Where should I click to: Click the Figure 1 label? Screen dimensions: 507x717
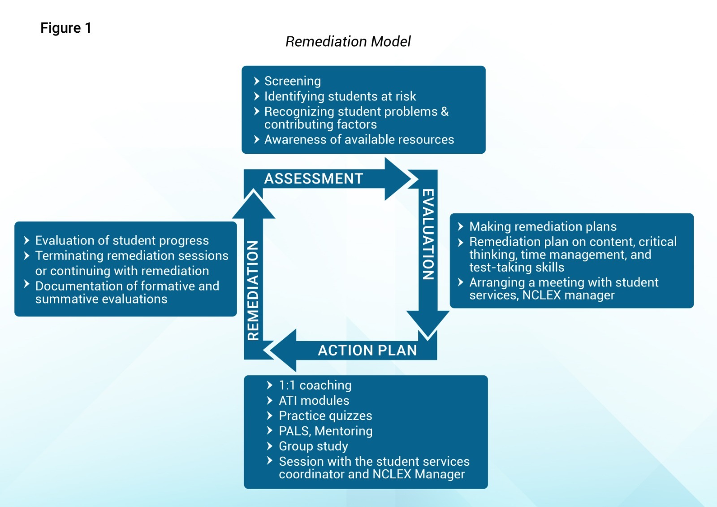pyautogui.click(x=66, y=28)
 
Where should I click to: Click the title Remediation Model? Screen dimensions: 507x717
pyautogui.click(x=348, y=42)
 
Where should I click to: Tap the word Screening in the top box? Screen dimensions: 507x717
pyautogui.click(x=292, y=81)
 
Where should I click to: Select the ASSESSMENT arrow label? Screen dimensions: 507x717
pyautogui.click(x=313, y=179)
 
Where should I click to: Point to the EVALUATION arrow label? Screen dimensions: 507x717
pyautogui.click(x=428, y=234)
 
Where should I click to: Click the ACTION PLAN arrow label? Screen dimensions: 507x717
pyautogui.click(x=367, y=350)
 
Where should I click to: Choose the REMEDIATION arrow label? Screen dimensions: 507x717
pyautogui.click(x=253, y=290)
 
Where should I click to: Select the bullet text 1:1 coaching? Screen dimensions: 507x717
pyautogui.click(x=315, y=385)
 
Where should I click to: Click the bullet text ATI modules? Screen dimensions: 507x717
pyautogui.click(x=314, y=400)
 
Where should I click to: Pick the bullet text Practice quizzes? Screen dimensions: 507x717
pyautogui.click(x=325, y=416)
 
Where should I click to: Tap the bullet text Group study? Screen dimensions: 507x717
pyautogui.click(x=313, y=446)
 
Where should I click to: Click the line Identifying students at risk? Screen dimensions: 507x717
pyautogui.click(x=340, y=96)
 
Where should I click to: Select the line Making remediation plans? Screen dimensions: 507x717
pyautogui.click(x=543, y=226)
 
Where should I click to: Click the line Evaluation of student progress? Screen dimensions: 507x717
pyautogui.click(x=122, y=240)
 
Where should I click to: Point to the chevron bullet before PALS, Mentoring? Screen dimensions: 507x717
pyautogui.click(x=269, y=431)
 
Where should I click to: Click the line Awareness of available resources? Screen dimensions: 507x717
pyautogui.click(x=359, y=139)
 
